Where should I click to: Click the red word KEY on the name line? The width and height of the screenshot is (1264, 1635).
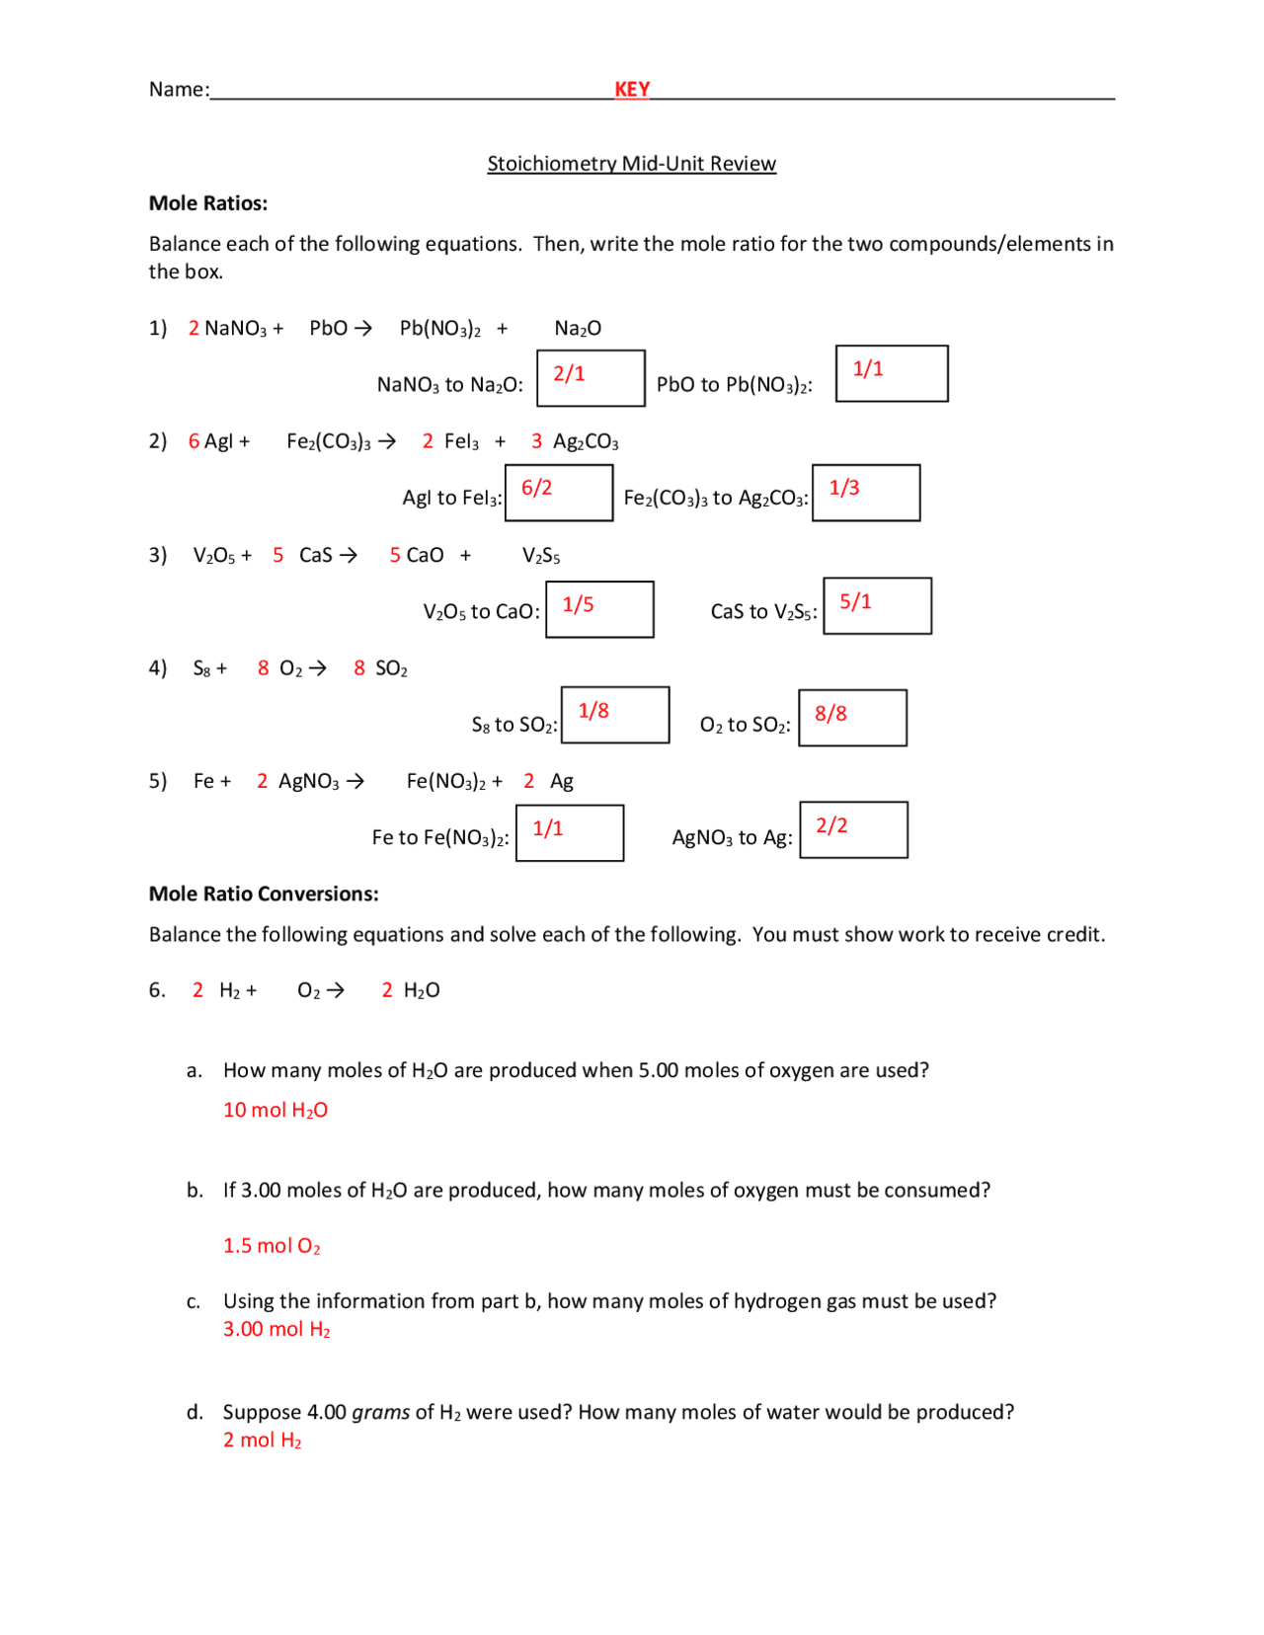[632, 89]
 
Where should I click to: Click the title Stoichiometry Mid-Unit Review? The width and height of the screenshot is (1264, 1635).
[631, 164]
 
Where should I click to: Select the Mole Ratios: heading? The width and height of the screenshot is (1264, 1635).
[208, 203]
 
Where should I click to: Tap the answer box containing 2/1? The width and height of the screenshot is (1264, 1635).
[591, 378]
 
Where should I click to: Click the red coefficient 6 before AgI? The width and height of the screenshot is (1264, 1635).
[194, 441]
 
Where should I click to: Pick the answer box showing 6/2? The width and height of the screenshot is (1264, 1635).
[559, 493]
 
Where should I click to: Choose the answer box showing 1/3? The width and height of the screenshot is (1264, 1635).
[866, 493]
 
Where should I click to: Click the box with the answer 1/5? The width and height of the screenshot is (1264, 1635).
[599, 609]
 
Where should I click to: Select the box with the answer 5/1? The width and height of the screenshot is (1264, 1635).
[877, 605]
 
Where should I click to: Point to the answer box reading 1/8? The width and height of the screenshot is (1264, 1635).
[615, 715]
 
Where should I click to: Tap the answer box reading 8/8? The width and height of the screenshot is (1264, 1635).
[852, 718]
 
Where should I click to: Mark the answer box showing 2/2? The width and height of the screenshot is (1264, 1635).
[853, 829]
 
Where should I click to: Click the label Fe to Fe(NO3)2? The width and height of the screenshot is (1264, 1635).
[440, 838]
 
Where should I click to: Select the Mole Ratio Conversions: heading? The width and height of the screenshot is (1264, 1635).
[264, 894]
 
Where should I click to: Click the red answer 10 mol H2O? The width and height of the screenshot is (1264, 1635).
[276, 1111]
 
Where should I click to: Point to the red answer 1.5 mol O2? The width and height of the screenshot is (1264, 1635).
[272, 1246]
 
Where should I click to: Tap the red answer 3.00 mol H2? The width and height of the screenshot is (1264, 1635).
[276, 1330]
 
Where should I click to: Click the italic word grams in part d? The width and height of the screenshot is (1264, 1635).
[380, 1412]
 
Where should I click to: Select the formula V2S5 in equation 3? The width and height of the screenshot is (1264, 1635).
[541, 556]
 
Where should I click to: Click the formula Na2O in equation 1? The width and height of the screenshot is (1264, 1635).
[578, 329]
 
